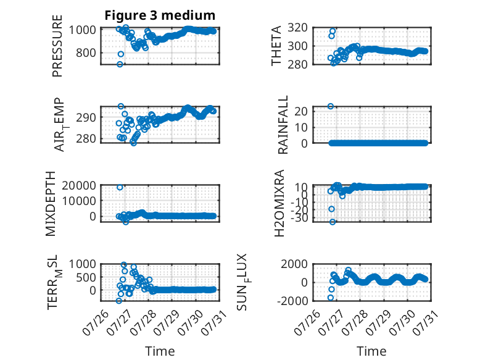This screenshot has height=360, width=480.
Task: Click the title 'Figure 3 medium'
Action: pyautogui.click(x=160, y=15)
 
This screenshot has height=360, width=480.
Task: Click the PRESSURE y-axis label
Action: pyautogui.click(x=57, y=46)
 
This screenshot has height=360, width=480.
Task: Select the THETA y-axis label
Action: pyautogui.click(x=276, y=46)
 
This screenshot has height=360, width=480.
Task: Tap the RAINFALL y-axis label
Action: pyautogui.click(x=283, y=125)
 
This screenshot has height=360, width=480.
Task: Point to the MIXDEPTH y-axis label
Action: pyautogui.click(x=51, y=204)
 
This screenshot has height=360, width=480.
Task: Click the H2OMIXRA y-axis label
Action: pyautogui.click(x=279, y=203)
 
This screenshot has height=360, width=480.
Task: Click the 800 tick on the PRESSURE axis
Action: pyautogui.click(x=86, y=52)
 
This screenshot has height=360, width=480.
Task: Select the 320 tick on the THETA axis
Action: pyautogui.click(x=298, y=28)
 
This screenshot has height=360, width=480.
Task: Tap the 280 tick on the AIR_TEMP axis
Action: pyautogui.click(x=86, y=139)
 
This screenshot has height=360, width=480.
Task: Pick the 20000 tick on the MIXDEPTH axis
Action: pyautogui.click(x=79, y=185)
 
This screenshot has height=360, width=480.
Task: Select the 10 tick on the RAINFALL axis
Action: pyautogui.click(x=301, y=127)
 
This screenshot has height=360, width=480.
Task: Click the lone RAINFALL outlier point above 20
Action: pyautogui.click(x=331, y=106)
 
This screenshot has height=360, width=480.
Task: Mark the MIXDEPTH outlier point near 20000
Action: pyautogui.click(x=120, y=187)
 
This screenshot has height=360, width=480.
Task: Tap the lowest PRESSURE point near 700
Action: pyautogui.click(x=120, y=64)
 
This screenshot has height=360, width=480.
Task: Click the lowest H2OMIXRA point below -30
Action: pyautogui.click(x=333, y=222)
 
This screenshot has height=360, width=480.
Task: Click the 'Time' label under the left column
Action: pyautogui.click(x=160, y=351)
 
